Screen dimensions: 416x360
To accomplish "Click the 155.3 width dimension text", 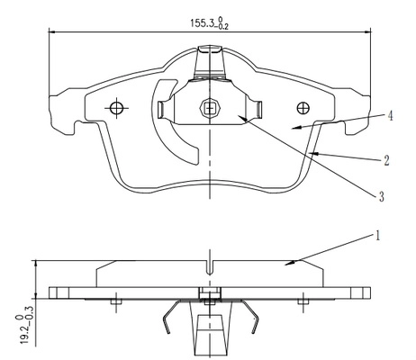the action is click(209, 23).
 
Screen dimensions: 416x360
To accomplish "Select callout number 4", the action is click(390, 116).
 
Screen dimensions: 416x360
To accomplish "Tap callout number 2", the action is click(386, 161).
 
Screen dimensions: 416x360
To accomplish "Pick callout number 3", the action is click(381, 197).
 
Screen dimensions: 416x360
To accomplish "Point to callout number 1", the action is click(378, 236).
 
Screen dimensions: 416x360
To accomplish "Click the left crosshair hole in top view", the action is click(116, 108).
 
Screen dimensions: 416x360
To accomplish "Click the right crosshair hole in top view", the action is click(303, 108).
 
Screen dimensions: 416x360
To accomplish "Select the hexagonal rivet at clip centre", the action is click(210, 108).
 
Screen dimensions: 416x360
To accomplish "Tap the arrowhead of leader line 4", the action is click(296, 128).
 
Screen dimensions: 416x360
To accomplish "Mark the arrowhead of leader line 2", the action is click(313, 154).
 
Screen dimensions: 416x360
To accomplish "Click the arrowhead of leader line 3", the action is click(243, 119).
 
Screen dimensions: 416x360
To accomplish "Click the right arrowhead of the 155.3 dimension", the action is click(366, 31).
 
